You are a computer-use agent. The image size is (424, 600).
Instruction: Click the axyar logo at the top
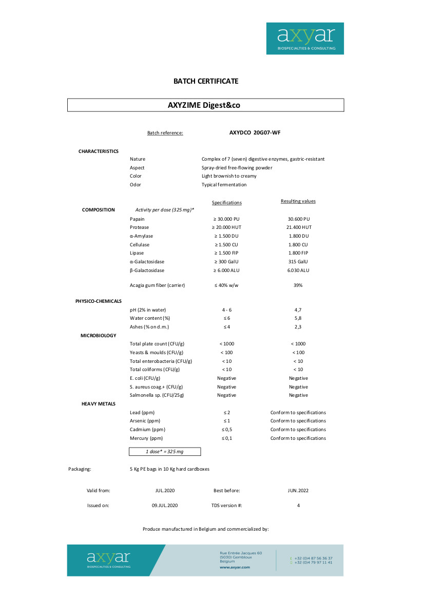pos(305,38)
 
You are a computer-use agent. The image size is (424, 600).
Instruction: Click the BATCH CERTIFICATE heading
pos(206,81)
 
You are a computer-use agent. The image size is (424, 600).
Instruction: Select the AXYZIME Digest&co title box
pos(206,105)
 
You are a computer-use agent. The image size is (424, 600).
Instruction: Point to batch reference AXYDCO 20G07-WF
pos(255,132)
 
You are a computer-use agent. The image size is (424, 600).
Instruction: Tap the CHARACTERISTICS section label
pos(99,151)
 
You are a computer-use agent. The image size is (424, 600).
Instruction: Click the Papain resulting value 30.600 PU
pos(298,219)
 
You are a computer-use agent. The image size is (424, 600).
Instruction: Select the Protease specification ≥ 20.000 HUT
pos(226,227)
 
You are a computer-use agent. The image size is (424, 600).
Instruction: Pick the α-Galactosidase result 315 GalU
pos(298,262)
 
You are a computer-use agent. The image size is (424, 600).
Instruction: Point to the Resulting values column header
pos(298,201)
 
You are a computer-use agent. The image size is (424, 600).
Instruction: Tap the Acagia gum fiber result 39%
pos(298,285)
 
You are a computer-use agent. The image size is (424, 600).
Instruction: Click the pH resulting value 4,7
pos(298,310)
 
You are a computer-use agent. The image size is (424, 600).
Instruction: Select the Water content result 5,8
pos(298,318)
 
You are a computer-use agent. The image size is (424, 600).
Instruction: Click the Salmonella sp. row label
pos(157,395)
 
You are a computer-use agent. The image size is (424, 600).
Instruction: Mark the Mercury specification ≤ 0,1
pos(226,438)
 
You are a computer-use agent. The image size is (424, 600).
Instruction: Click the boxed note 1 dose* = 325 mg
pos(164,452)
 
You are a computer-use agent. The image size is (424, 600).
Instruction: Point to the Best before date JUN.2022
pos(298,491)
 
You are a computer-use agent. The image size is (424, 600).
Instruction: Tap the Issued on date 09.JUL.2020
pos(164,506)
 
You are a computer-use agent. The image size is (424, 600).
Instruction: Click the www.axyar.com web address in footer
pos(235,567)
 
